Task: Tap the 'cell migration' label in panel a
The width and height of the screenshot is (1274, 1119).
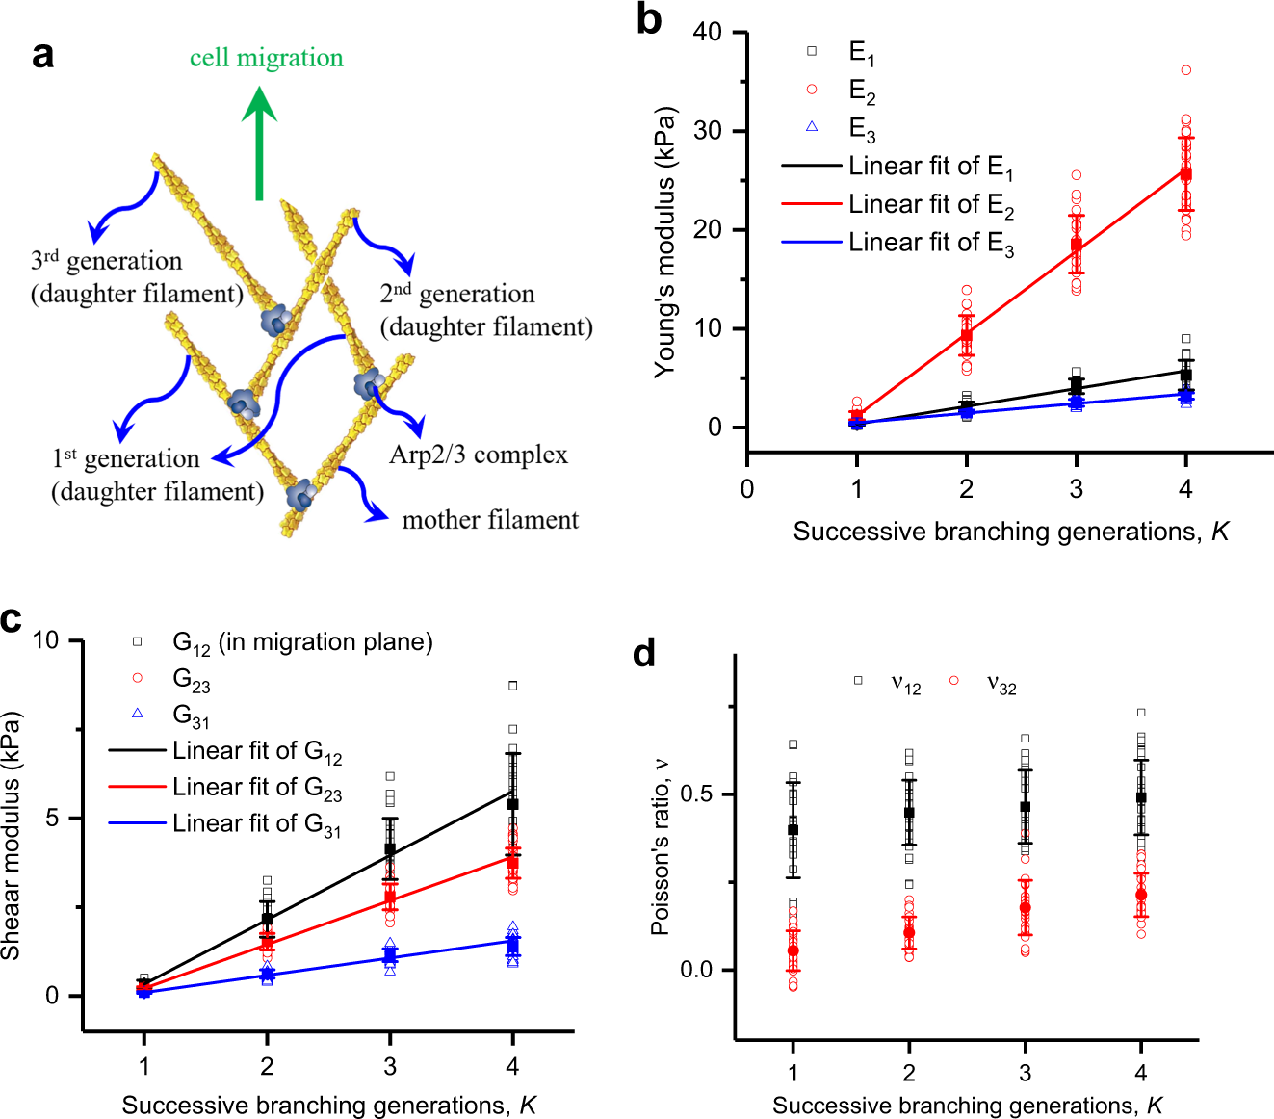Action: point(266,58)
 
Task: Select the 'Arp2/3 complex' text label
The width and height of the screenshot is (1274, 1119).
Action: point(479,455)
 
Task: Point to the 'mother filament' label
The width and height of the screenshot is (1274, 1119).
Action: point(490,520)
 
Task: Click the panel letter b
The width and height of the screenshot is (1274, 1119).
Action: point(649,20)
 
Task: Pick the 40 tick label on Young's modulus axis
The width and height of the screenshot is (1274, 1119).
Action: point(707,32)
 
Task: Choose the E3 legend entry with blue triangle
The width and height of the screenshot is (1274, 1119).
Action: point(843,128)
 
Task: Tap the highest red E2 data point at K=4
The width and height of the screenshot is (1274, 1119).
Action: point(1186,70)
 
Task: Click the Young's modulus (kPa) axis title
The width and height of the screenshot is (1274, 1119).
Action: point(664,241)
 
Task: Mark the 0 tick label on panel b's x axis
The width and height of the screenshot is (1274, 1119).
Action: point(747,488)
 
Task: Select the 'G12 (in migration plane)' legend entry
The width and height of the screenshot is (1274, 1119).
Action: point(285,642)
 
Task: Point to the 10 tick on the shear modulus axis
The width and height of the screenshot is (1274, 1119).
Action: point(45,640)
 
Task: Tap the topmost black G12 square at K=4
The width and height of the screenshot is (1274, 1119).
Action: point(513,686)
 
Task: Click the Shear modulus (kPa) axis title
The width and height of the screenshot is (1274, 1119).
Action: point(12,836)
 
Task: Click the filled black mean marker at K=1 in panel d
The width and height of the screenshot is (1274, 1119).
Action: point(793,829)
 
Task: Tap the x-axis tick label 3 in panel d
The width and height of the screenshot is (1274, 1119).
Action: point(1026,1073)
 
